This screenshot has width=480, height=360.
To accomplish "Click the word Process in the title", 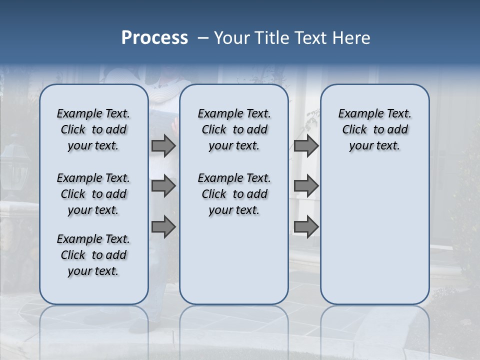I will pos(154,37).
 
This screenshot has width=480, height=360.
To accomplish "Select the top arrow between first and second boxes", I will pos(163,145).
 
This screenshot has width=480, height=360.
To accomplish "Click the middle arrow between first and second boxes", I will pos(163,186).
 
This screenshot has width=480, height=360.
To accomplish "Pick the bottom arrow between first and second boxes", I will pos(163,227).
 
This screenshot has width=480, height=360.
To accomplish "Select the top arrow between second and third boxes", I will pos(306,145).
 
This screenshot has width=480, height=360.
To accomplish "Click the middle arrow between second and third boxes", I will pos(306,186).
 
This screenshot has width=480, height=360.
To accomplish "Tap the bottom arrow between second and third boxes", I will pos(306,227).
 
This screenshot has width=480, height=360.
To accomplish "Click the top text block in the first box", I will pos(93,129).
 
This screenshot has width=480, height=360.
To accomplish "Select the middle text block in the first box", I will pos(93,194).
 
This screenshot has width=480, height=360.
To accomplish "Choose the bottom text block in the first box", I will pos(93,255).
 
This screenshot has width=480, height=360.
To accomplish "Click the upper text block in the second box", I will pos(234,129).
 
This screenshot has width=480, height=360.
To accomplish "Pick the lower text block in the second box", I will pos(234,194).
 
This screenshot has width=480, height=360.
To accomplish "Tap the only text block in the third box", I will pos(374,129).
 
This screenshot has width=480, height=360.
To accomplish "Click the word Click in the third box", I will pos(354,129).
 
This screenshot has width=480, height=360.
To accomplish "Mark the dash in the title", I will pos(202,38).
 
